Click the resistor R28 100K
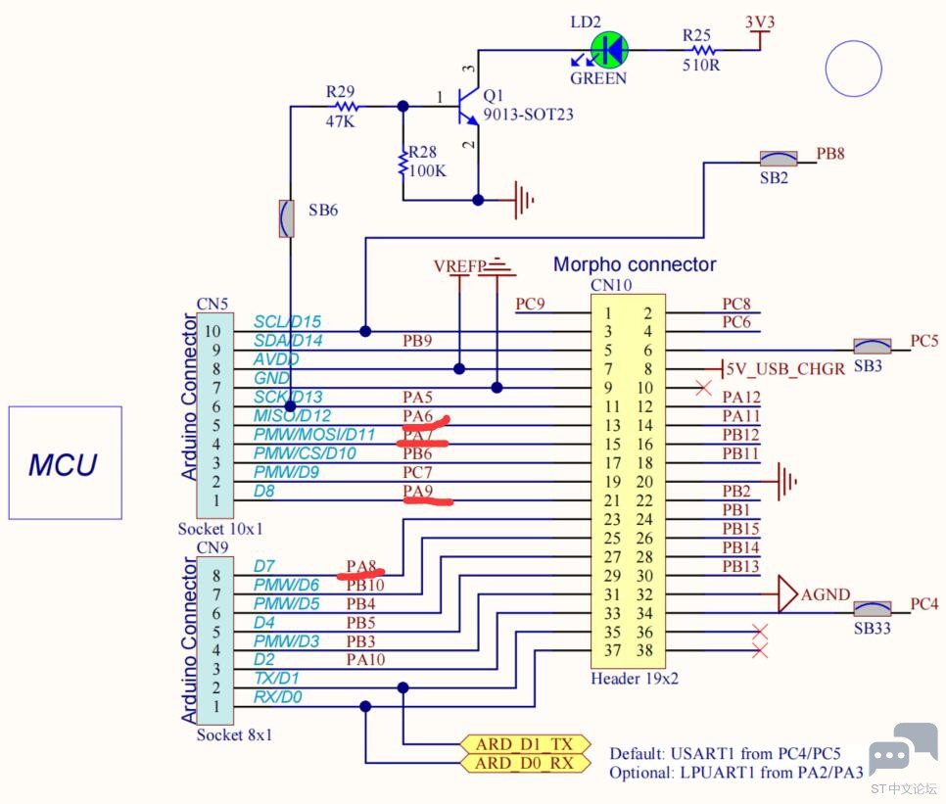[x=402, y=163]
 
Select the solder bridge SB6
[x=287, y=217]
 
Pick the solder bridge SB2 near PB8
[x=780, y=158]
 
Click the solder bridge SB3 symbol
[x=872, y=347]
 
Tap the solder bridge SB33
[x=871, y=609]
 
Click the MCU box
[x=65, y=462]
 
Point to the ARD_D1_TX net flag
[x=523, y=743]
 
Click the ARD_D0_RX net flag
[x=523, y=762]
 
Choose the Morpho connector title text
[x=635, y=264]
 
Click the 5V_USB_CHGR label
[x=782, y=369]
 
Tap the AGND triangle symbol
[x=787, y=592]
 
